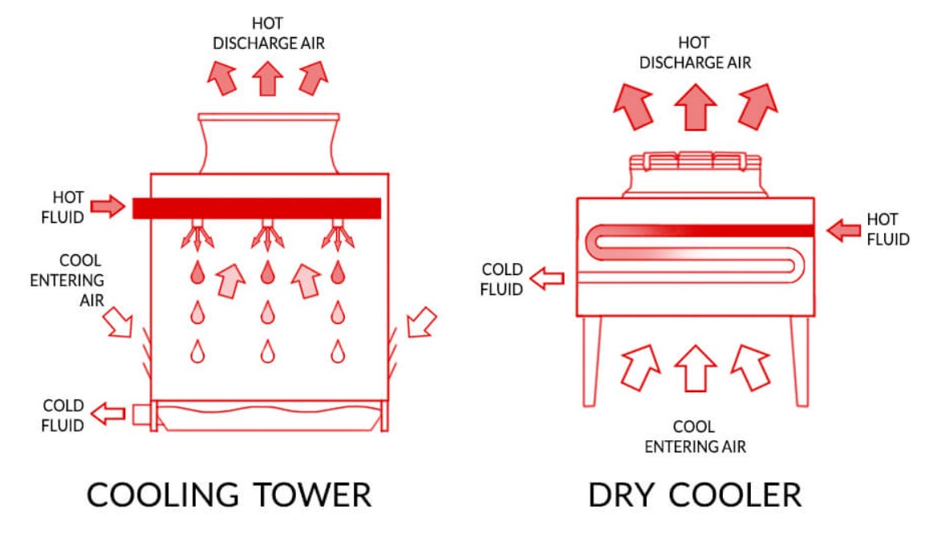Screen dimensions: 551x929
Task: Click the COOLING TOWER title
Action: [229, 494]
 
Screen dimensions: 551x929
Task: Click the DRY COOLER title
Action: [694, 494]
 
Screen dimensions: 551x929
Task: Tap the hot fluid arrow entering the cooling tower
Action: [108, 207]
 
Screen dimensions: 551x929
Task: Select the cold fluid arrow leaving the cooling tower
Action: [108, 414]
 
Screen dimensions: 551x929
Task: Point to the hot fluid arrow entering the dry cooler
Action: [843, 231]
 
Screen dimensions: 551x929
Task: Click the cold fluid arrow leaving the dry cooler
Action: [546, 279]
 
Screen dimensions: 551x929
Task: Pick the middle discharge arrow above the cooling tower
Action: [268, 79]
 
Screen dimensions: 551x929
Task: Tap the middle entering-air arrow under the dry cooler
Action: [695, 367]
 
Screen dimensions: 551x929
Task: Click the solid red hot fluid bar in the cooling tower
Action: [257, 208]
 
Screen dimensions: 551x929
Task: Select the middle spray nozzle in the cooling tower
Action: [267, 233]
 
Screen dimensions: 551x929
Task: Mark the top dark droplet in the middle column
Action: [267, 273]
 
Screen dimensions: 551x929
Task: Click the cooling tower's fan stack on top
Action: [268, 143]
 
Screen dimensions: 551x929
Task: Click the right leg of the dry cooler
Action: [799, 361]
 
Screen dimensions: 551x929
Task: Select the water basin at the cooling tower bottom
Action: [268, 415]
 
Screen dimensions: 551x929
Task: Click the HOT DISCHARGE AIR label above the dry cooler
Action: [695, 52]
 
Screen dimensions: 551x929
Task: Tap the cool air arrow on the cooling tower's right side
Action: [421, 322]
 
